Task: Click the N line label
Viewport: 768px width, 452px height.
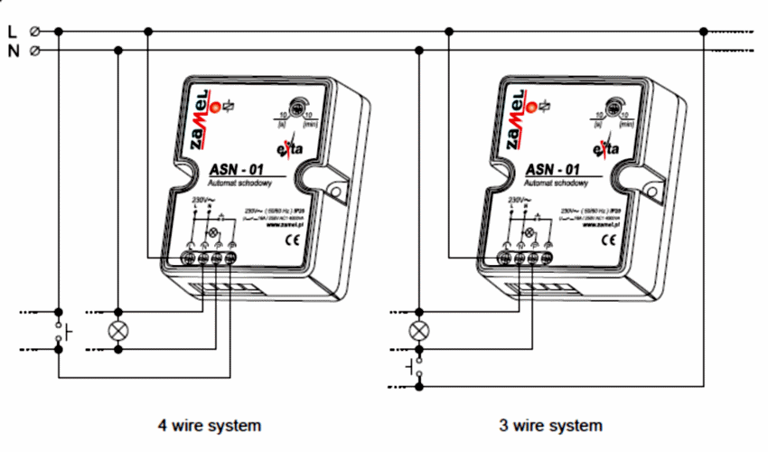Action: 12,52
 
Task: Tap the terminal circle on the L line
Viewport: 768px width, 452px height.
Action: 34,32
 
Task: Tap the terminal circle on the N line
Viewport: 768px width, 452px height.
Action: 34,52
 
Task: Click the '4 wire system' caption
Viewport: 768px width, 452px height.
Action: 209,424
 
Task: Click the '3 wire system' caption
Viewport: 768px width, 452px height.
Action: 549,424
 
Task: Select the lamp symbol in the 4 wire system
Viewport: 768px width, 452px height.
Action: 117,330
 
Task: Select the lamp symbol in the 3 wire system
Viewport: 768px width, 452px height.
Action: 417,330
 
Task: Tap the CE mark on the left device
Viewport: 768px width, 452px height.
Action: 292,240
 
